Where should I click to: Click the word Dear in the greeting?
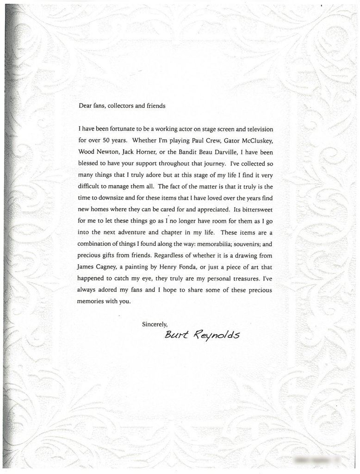tap(86, 106)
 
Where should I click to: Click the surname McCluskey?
tap(254, 139)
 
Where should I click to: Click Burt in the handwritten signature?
tap(175, 334)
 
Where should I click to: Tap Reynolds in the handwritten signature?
tap(217, 335)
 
